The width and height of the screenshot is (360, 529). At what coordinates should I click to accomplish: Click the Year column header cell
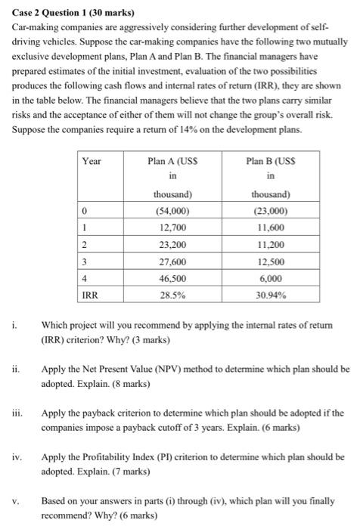pos(92,161)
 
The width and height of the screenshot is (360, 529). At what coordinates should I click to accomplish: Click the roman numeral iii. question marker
pos(17,413)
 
